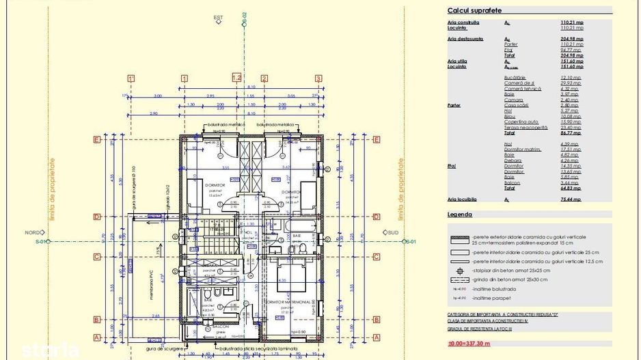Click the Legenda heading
[x=460, y=214]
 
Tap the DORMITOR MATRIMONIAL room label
[x=290, y=302]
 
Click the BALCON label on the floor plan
[x=220, y=327]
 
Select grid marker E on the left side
[x=97, y=140]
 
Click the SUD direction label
[x=393, y=233]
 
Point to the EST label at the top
[x=219, y=18]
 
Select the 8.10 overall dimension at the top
[x=251, y=87]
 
